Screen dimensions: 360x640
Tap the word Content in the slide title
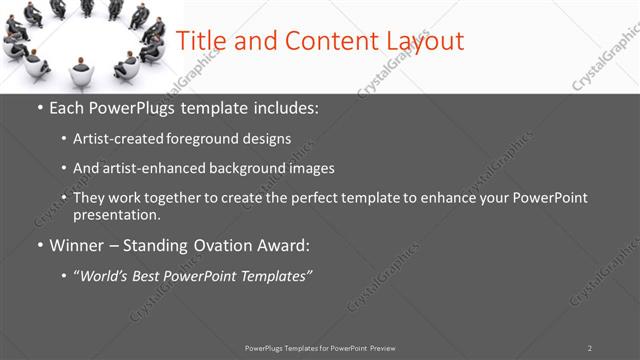pos(323,41)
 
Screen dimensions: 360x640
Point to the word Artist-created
pos(112,139)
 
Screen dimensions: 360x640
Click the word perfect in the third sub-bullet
pos(325,198)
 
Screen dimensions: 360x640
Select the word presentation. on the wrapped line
pos(116,214)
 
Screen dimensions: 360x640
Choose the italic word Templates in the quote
pos(272,275)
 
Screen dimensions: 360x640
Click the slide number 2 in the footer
pos(590,348)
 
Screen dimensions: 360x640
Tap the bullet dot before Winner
pos(40,245)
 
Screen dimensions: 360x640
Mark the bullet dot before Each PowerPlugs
pos(40,108)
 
